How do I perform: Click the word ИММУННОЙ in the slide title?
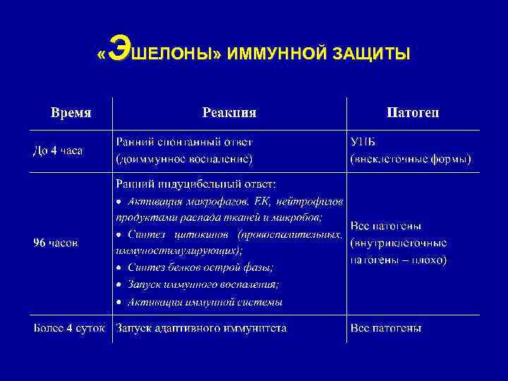(x=272, y=54)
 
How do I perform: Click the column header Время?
(x=71, y=113)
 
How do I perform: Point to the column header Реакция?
(x=229, y=113)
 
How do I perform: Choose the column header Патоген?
(x=413, y=113)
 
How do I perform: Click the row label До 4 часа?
(x=59, y=151)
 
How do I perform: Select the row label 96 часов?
(x=56, y=243)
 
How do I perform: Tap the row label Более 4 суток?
(x=69, y=328)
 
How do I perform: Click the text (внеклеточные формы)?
(x=411, y=159)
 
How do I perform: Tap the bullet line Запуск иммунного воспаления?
(x=203, y=284)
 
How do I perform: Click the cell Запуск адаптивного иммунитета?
(x=201, y=328)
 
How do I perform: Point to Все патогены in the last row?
(x=386, y=328)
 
